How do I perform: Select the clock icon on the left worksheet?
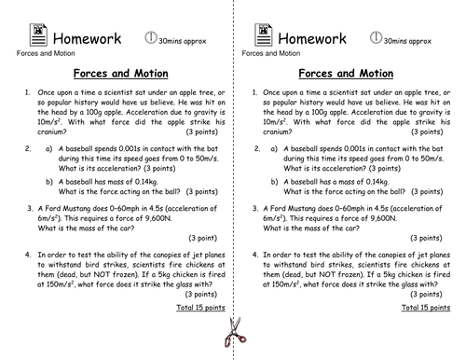(152, 37)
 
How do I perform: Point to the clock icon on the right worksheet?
(377, 37)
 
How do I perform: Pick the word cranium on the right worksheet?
(281, 132)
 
